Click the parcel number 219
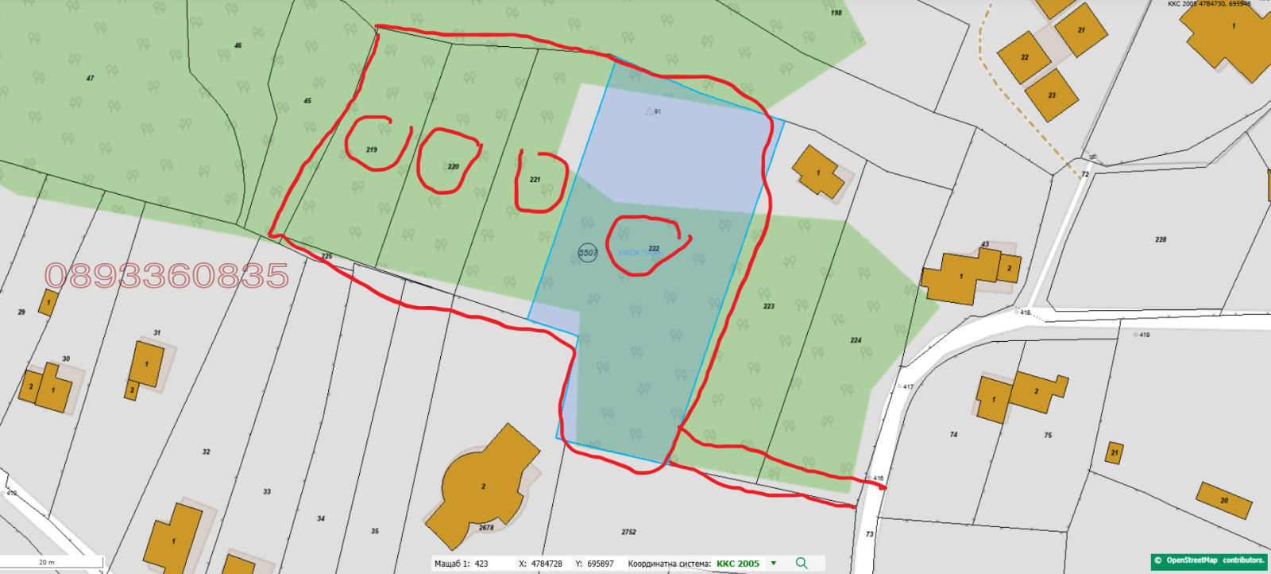(x=372, y=149)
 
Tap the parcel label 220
(x=454, y=167)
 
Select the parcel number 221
(x=535, y=180)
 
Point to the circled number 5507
(x=588, y=253)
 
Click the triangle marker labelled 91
(x=649, y=111)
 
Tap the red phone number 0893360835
(x=167, y=276)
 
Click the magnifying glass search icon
(x=802, y=563)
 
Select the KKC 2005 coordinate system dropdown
(x=746, y=564)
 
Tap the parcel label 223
(x=769, y=306)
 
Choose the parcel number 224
(x=856, y=340)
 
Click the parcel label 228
(x=1161, y=239)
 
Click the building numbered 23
(x=1051, y=95)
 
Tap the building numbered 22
(x=1025, y=57)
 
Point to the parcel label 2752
(x=628, y=532)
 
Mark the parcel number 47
(x=90, y=78)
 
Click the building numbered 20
(x=1224, y=500)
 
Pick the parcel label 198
(x=836, y=13)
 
